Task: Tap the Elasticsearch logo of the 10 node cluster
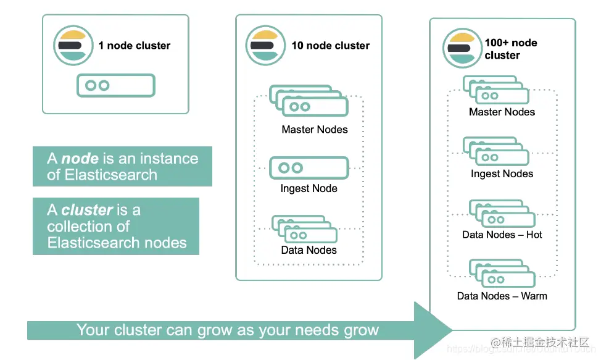[265, 46]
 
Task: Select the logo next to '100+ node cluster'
[462, 48]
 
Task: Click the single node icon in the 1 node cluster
[115, 86]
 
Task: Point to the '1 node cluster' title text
[135, 46]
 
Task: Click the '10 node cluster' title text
[331, 46]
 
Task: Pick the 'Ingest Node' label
[309, 188]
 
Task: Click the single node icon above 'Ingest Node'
[309, 167]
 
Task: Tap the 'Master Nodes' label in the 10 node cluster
[315, 130]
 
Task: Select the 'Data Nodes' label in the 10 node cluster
[309, 250]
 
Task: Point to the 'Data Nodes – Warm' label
[502, 296]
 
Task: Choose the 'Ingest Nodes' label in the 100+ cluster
[502, 174]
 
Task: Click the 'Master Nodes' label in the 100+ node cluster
[502, 112]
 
